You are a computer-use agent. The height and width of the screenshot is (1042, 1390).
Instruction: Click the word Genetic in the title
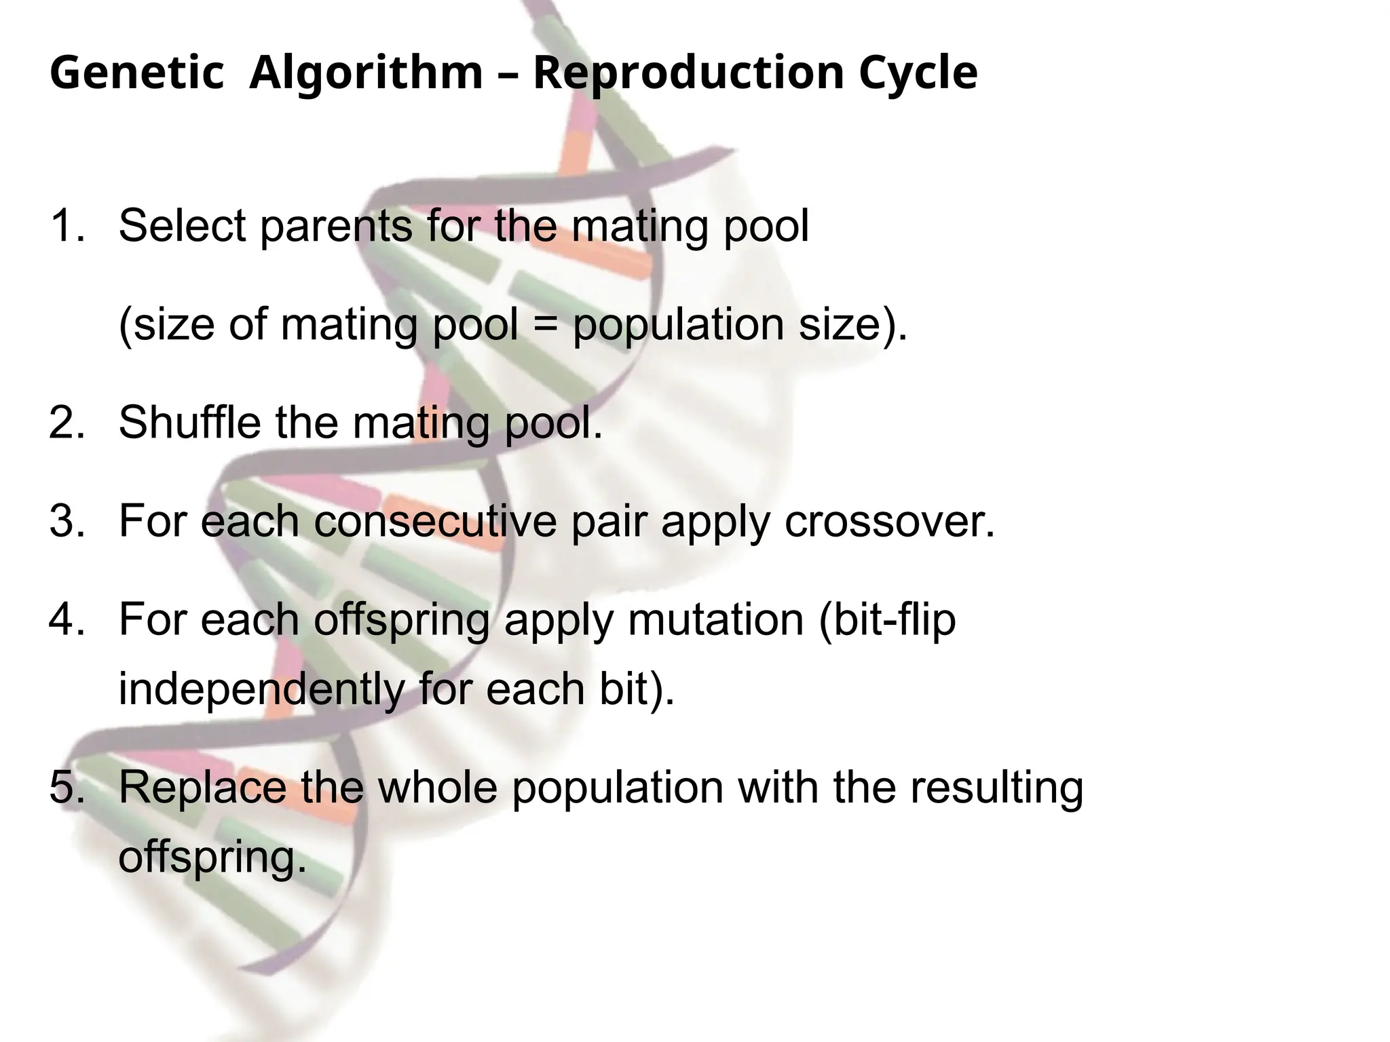click(x=136, y=73)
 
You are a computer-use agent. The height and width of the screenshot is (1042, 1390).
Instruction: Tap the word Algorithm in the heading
click(x=366, y=73)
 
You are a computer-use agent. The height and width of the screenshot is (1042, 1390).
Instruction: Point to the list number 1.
click(x=67, y=225)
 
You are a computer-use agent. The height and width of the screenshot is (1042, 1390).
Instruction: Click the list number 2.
click(x=67, y=422)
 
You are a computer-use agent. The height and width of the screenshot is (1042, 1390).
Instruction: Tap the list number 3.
click(x=67, y=521)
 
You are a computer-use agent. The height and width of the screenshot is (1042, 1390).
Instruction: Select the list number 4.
click(x=67, y=619)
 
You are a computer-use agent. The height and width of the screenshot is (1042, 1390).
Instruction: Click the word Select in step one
click(x=181, y=225)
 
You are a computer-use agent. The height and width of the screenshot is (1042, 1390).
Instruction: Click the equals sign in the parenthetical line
click(x=545, y=325)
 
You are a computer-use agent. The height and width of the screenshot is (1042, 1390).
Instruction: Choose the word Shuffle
click(x=189, y=422)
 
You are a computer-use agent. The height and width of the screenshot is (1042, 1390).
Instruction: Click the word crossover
click(x=889, y=521)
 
